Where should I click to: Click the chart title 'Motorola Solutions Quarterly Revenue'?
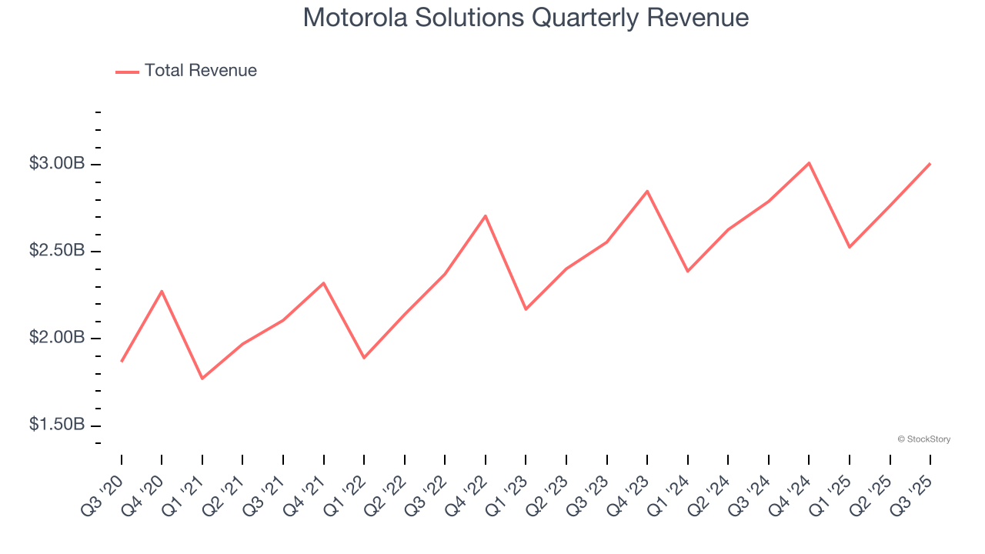pos(526,17)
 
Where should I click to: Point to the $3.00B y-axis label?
pos(57,164)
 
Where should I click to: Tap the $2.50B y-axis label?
pos(57,251)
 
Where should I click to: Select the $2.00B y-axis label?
pos(57,339)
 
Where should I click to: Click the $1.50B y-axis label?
pos(57,426)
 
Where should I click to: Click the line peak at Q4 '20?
pos(162,291)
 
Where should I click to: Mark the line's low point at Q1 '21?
pos(202,379)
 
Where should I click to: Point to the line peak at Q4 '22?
pos(486,215)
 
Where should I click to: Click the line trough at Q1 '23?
pos(526,309)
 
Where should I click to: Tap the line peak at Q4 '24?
pos(809,162)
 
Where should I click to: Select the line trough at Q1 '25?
pos(850,247)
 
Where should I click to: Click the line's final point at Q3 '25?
pos(930,163)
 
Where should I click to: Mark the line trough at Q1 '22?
pos(364,358)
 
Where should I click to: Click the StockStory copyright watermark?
pos(923,439)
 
